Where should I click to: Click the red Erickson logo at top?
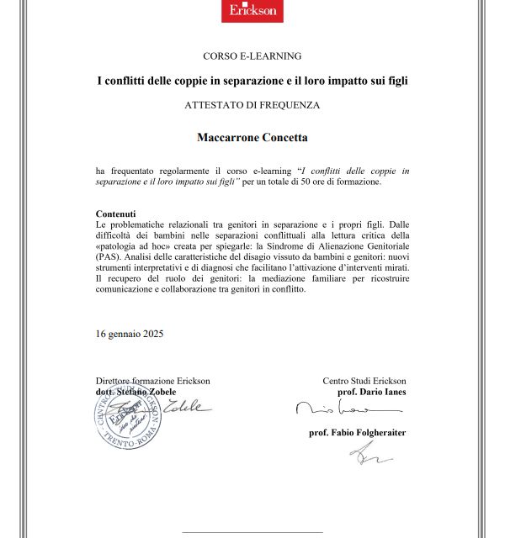pos(252,11)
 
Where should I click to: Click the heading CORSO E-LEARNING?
pos(252,55)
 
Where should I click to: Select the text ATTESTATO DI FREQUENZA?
pos(252,105)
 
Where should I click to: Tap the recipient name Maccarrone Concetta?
pos(252,136)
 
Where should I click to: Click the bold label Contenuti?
pos(116,214)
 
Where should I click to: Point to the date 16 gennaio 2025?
pos(130,334)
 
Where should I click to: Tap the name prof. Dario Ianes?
pos(371,392)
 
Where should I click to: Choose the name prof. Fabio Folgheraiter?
pos(358,432)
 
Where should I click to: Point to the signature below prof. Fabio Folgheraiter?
pos(370,455)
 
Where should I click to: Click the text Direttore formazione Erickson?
pos(153,381)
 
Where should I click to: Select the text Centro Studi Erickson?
pos(364,381)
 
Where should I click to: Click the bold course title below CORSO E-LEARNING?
pos(252,81)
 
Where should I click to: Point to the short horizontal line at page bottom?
pos(252,531)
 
